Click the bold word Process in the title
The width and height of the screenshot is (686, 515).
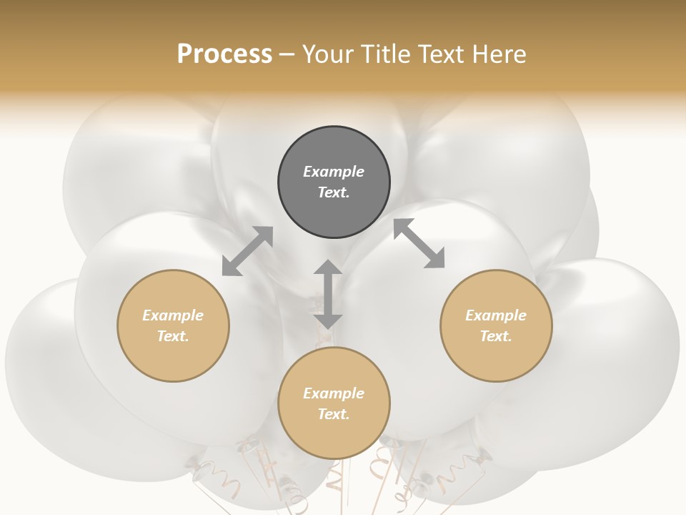click(x=224, y=54)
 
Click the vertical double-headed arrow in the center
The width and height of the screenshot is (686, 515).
click(x=328, y=294)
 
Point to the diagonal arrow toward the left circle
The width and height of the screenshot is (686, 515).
click(x=247, y=251)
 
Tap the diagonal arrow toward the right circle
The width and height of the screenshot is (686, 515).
click(x=419, y=244)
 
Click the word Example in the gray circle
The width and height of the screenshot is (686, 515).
click(x=334, y=172)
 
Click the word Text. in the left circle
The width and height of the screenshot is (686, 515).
click(x=173, y=336)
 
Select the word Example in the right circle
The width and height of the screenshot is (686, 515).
click(x=496, y=315)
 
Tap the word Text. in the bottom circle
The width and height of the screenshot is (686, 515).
click(x=334, y=414)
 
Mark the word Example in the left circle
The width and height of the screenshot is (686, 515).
click(x=173, y=315)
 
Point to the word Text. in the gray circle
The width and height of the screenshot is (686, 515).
click(x=334, y=192)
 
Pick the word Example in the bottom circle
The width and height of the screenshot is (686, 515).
click(x=334, y=393)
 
